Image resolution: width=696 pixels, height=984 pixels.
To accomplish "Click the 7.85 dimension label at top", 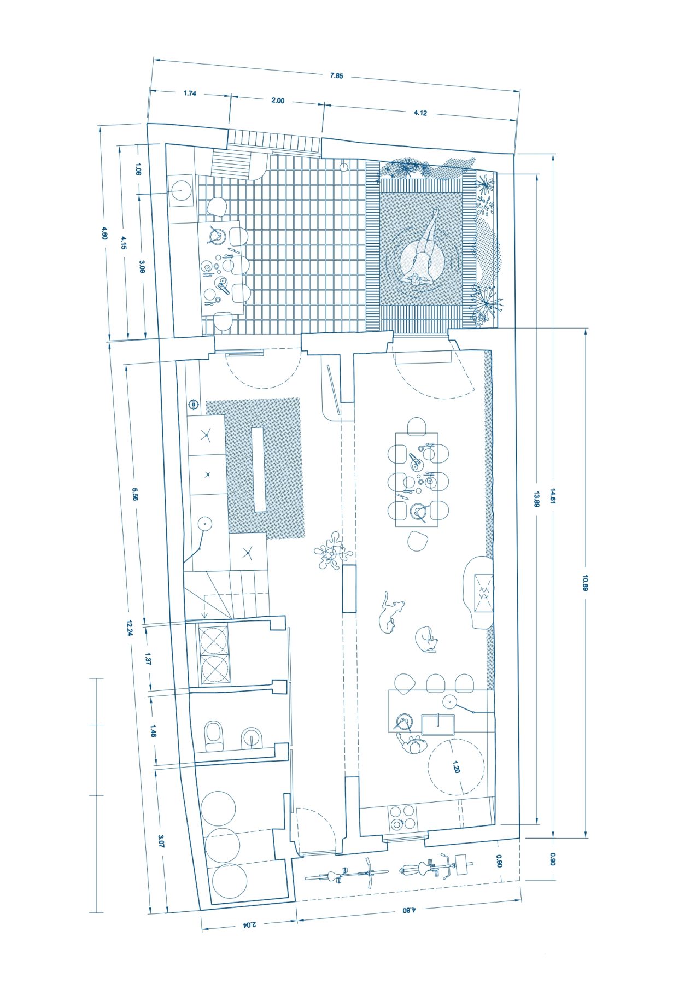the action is click(x=336, y=76).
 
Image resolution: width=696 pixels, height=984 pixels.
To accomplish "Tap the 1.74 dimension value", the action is click(x=190, y=93).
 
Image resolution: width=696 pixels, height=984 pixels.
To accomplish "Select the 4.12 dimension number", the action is click(x=420, y=113).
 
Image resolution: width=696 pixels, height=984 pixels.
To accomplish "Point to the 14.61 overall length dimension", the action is click(x=553, y=496).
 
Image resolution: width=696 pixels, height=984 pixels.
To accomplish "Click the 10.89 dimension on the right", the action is click(x=585, y=583).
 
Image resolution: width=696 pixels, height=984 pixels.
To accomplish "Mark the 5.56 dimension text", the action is click(x=135, y=494).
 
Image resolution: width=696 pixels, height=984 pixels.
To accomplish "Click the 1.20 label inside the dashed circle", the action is click(x=456, y=767).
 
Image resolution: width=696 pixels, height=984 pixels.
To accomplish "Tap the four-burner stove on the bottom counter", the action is click(x=403, y=818).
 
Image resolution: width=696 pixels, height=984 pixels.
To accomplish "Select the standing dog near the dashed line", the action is click(x=391, y=612).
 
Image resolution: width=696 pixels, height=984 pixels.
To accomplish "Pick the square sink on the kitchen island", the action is click(x=438, y=724).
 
